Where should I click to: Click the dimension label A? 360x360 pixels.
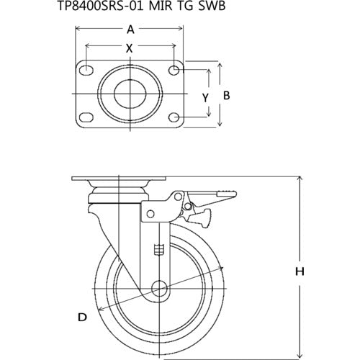pyautogui.click(x=130, y=30)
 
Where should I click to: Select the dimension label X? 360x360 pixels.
pyautogui.click(x=130, y=50)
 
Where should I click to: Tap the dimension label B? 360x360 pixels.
pyautogui.click(x=225, y=94)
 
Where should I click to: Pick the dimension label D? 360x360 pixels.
pyautogui.click(x=83, y=317)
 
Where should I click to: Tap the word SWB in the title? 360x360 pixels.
pyautogui.click(x=223, y=9)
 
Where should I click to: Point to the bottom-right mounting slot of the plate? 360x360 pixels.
pyautogui.click(x=174, y=117)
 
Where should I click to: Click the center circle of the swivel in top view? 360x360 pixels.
pyautogui.click(x=130, y=94)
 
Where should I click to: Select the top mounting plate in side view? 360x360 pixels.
pyautogui.click(x=120, y=179)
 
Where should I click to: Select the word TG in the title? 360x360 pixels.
pyautogui.click(x=195, y=9)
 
